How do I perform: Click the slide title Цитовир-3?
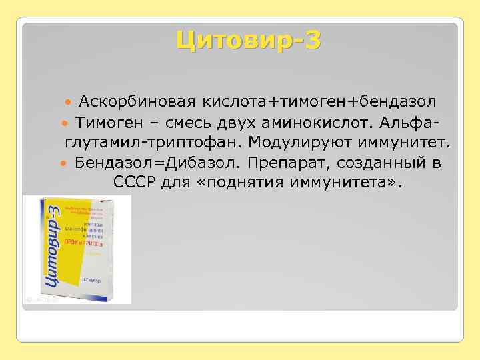(x=248, y=41)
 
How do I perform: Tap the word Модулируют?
(x=311, y=143)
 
